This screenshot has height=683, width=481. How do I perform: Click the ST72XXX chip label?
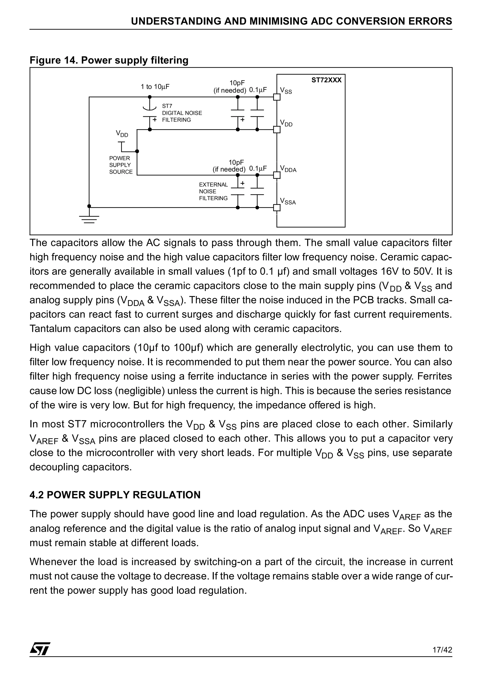326,80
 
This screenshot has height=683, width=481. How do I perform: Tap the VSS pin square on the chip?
277,97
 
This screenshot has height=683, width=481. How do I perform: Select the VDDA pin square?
277,175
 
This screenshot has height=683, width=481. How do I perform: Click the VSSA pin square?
277,208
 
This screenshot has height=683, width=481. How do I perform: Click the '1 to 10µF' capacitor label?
155,87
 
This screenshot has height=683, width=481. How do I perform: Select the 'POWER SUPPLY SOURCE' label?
120,165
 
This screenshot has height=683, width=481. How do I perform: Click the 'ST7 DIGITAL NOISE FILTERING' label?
182,113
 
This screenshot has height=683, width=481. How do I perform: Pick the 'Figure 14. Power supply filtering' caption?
109,60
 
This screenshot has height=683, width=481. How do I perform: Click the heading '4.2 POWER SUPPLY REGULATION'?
115,495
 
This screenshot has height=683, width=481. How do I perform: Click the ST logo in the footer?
40,657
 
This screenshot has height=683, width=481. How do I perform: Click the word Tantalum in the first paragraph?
50,329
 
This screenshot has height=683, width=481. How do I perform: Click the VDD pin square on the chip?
277,130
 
